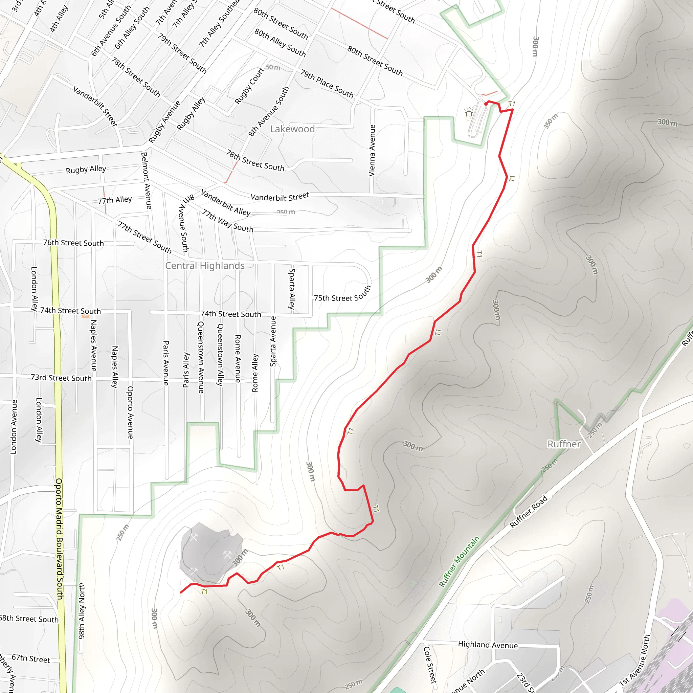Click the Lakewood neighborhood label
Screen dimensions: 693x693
[x=292, y=129]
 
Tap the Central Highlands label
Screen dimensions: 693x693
[x=205, y=266]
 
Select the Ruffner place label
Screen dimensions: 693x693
[x=564, y=444]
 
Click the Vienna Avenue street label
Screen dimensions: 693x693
[x=372, y=151]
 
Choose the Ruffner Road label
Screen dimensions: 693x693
[x=529, y=512]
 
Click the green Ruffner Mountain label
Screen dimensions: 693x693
[x=459, y=562]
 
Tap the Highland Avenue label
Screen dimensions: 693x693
[x=488, y=645]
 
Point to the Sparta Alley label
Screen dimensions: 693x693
[x=292, y=289]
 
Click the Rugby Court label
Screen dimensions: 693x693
[x=249, y=86]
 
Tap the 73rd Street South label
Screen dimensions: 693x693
[x=61, y=378]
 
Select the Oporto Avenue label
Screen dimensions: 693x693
[x=130, y=412]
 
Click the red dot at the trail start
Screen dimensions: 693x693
[x=486, y=104]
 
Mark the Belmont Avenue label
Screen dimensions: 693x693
[x=146, y=181]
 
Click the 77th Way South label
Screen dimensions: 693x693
[x=227, y=221]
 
